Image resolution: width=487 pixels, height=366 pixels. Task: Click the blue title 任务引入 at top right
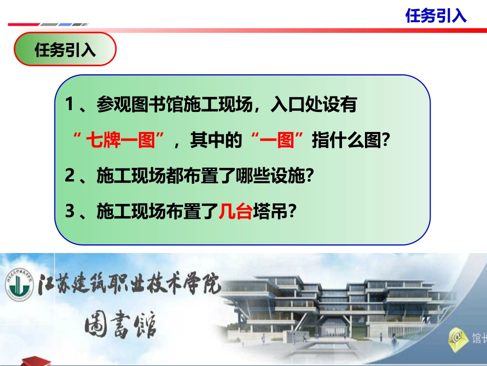coord(436,15)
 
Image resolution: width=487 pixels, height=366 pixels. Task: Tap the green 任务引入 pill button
coord(65,50)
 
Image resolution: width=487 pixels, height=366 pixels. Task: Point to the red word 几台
coord(235,211)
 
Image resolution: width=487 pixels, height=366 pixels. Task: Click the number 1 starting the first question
coord(70,105)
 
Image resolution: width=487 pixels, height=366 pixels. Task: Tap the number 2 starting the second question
coord(70,176)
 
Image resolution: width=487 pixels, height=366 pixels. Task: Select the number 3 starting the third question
coord(70,211)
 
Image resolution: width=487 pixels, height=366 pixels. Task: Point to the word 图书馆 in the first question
coord(146,105)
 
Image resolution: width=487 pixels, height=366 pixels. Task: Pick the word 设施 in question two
coord(288,176)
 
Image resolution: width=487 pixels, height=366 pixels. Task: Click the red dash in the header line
coord(23,24)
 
